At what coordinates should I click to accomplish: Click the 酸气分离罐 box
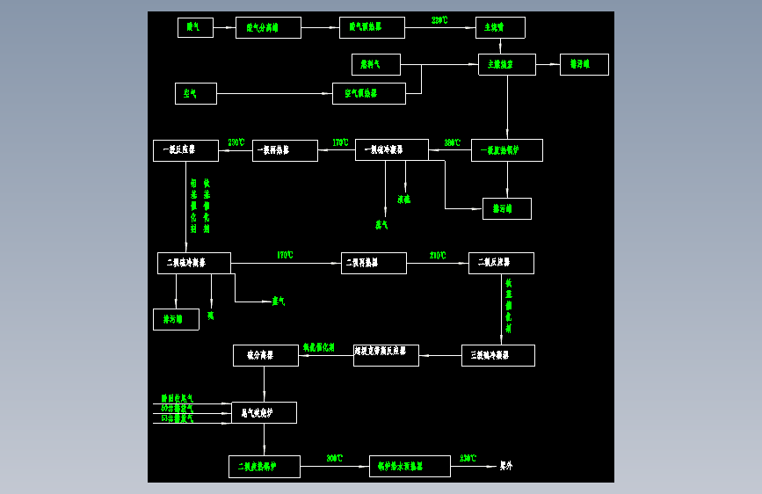268,27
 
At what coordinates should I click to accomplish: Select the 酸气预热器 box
372,27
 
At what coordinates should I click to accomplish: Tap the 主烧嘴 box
500,27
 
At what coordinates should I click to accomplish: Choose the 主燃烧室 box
506,64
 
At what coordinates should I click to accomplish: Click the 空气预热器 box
368,93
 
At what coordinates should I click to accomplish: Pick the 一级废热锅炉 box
506,150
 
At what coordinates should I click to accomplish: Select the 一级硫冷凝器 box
391,149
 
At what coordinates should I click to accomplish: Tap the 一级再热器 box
285,150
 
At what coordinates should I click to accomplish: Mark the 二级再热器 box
374,263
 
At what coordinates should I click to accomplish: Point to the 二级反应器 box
501,263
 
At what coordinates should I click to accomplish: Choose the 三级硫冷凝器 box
497,355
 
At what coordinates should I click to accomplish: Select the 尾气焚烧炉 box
264,412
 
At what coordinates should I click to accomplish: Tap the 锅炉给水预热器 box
410,466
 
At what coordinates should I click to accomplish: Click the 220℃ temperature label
440,20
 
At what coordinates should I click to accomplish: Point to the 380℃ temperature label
452,142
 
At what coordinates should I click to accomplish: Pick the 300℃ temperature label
335,459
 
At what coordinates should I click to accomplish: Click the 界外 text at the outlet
506,466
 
